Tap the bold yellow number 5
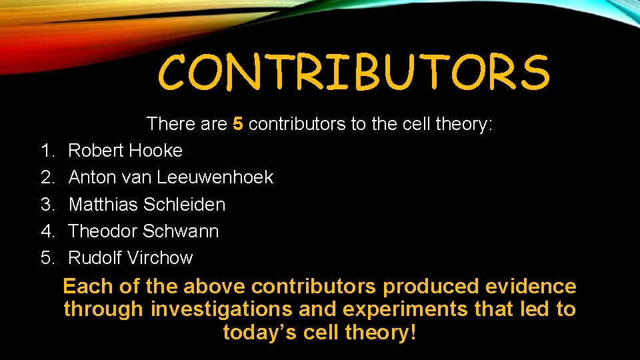coord(238,124)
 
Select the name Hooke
coord(155,151)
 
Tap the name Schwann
coord(181,231)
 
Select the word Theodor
coord(101,231)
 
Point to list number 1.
coord(47,151)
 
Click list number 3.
coord(47,204)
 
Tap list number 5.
coord(47,257)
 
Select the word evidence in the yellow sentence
coord(531,287)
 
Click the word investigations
coord(221,309)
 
